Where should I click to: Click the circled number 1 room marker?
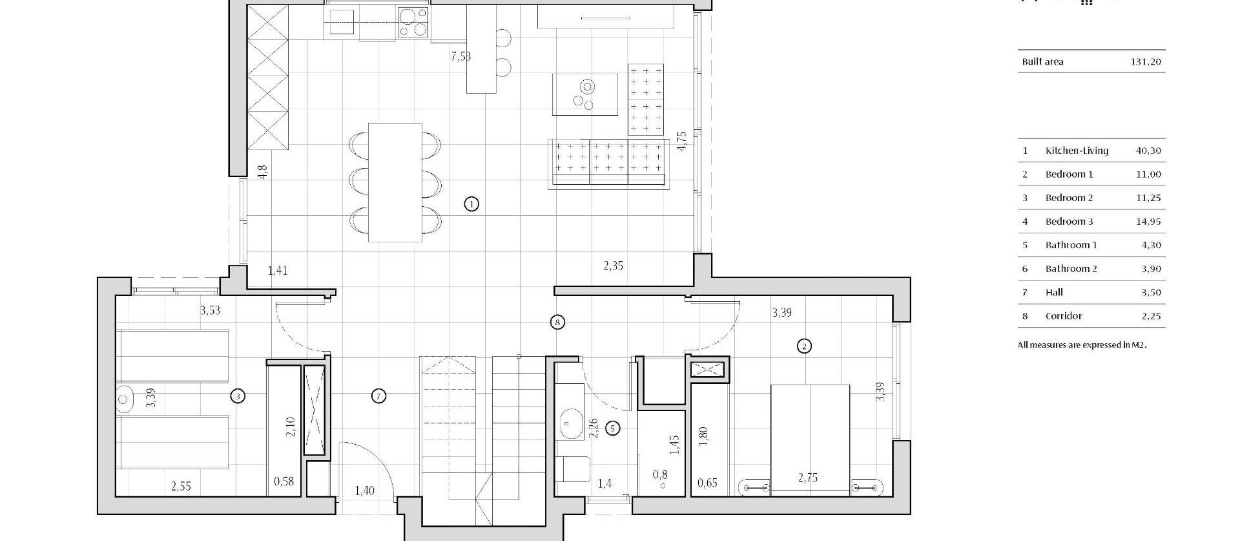[x=472, y=204]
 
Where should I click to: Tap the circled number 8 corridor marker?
[x=557, y=322]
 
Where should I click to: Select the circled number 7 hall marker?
[x=379, y=396]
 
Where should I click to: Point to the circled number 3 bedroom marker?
[x=238, y=396]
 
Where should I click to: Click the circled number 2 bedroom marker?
[x=804, y=346]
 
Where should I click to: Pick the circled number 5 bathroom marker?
[x=613, y=428]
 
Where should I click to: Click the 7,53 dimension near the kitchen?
[x=460, y=57]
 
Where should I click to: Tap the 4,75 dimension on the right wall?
[x=681, y=141]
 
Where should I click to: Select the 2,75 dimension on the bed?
[x=807, y=478]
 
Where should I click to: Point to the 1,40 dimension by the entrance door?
[x=364, y=491]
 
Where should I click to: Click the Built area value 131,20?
[x=1146, y=62]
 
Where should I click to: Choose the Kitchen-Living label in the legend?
[x=1077, y=151]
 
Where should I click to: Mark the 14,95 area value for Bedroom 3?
[x=1148, y=222]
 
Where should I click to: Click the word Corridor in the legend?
[x=1064, y=316]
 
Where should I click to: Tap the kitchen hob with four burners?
[x=413, y=22]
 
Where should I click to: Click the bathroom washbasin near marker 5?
[x=570, y=423]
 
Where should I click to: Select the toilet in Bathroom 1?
[x=573, y=469]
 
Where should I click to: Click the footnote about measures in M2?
[x=1082, y=345]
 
